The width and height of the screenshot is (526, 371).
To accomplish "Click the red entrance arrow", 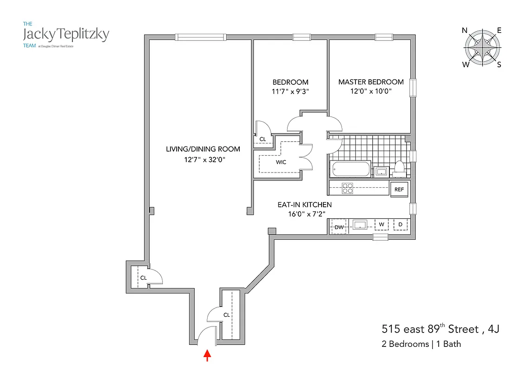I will pyautogui.click(x=208, y=355).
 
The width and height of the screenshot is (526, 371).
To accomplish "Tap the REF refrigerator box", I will pyautogui.click(x=399, y=189).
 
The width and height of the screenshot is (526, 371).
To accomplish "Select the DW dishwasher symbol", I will pyautogui.click(x=339, y=227).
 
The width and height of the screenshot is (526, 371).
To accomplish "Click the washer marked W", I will pyautogui.click(x=381, y=225).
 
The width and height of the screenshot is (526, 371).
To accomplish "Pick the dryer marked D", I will pyautogui.click(x=400, y=225).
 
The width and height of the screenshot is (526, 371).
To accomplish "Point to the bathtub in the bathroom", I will pyautogui.click(x=351, y=169).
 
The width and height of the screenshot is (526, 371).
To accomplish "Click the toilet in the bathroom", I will pyautogui.click(x=399, y=169).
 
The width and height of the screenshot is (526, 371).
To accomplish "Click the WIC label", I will pyautogui.click(x=281, y=162).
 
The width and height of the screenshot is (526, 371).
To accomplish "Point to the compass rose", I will pyautogui.click(x=482, y=48).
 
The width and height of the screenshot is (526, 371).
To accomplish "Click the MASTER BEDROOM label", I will pyautogui.click(x=371, y=82).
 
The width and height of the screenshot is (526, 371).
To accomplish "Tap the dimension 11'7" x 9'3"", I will pyautogui.click(x=290, y=91).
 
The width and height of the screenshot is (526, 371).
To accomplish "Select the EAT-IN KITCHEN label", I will pyautogui.click(x=304, y=205).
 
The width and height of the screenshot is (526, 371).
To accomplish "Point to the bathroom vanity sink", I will pyautogui.click(x=382, y=172).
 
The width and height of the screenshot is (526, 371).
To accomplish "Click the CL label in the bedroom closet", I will pyautogui.click(x=263, y=139).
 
